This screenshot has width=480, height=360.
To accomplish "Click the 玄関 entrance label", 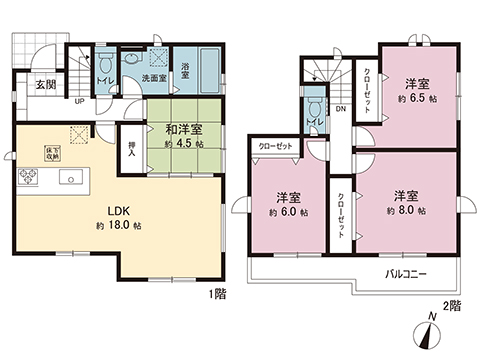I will [31, 85].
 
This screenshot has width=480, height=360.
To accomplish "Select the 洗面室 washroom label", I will [153, 76].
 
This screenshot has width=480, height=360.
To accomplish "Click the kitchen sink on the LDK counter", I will [72, 179].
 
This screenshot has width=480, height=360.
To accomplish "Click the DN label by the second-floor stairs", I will [340, 111].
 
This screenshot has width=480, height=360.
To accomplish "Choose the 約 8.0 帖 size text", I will [406, 211].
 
